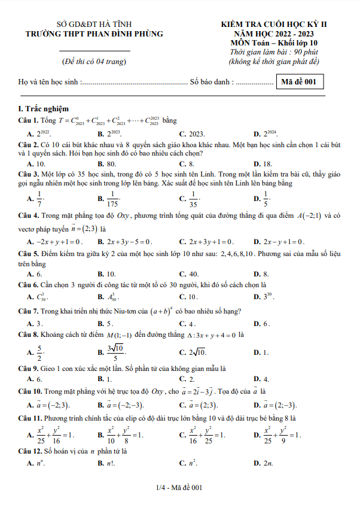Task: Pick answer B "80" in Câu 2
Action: [x=111, y=163]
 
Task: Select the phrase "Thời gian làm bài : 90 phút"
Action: [x=274, y=53]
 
